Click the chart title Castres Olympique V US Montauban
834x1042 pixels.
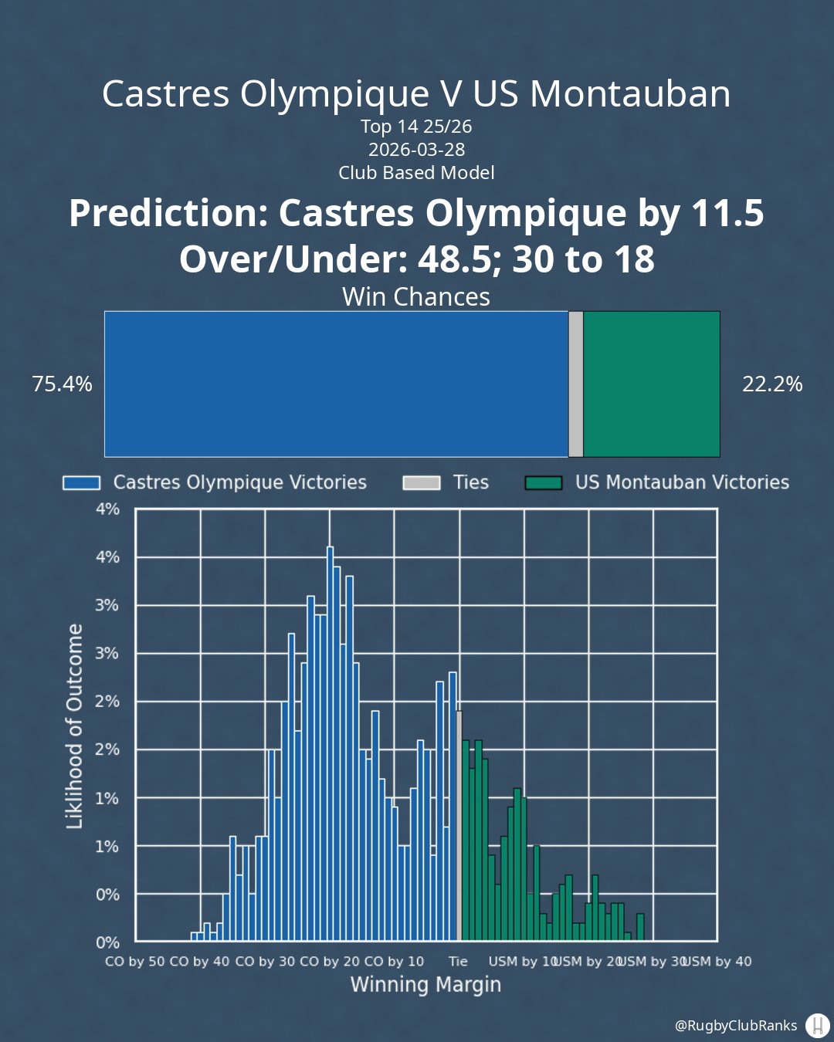point(416,94)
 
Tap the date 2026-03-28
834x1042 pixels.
point(416,150)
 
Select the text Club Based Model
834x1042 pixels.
point(416,173)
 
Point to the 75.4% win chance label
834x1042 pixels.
point(62,384)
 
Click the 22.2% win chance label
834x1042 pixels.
point(772,384)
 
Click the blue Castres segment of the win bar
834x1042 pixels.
point(336,384)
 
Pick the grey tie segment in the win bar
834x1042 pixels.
point(575,384)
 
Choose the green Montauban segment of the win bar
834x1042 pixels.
point(651,384)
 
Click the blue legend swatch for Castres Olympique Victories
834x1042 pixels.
point(81,483)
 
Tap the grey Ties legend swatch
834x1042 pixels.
point(422,483)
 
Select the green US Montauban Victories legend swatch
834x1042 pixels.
point(543,483)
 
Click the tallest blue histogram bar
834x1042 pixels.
point(330,741)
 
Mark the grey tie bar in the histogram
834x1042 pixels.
point(459,826)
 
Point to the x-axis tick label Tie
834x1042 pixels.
point(458,962)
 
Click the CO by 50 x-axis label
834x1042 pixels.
point(135,962)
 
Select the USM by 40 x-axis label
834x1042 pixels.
point(718,962)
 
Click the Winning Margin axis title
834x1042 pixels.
point(425,985)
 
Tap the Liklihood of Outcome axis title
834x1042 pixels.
point(75,726)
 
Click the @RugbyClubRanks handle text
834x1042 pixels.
point(735,1026)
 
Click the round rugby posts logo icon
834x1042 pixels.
point(817,1026)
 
